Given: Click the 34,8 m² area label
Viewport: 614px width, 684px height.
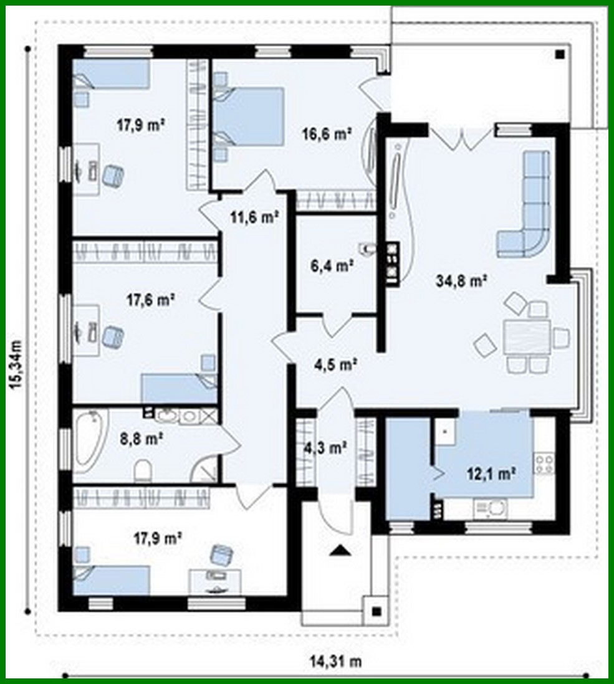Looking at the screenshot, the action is tap(461, 281).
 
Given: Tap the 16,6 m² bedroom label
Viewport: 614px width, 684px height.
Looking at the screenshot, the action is tap(327, 134).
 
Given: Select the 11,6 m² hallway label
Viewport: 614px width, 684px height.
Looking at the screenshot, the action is tap(255, 216).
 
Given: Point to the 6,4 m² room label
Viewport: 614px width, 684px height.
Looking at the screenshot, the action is tap(332, 265).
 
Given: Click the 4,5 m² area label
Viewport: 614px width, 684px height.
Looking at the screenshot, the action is tap(336, 364).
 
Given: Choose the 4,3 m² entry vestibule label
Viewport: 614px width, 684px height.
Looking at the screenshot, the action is tap(325, 447).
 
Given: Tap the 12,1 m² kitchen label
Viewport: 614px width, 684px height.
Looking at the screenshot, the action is tap(492, 473).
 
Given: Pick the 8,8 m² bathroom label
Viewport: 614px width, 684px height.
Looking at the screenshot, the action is tap(142, 439).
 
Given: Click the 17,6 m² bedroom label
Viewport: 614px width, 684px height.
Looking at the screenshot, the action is tap(151, 300).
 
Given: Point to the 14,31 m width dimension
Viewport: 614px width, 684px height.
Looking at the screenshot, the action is tap(336, 662).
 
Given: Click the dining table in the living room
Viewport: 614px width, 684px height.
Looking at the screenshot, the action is tap(527, 338).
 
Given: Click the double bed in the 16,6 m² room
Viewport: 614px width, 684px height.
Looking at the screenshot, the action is tap(249, 116).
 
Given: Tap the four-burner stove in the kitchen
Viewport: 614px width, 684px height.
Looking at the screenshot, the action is tap(545, 464).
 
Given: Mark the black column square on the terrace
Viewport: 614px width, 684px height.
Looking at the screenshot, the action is tap(560, 55).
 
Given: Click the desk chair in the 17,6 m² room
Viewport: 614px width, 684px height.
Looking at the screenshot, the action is tap(113, 337).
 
